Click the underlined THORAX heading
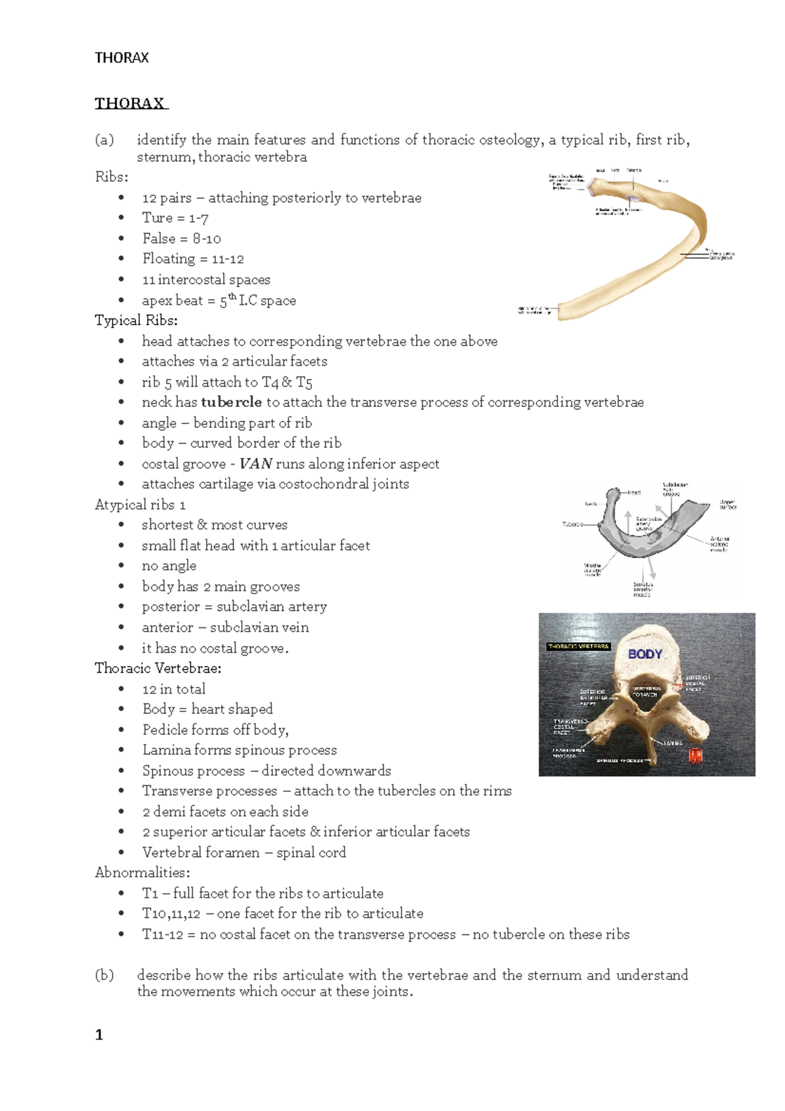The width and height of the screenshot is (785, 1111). [131, 103]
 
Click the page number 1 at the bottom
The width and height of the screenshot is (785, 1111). [99, 1034]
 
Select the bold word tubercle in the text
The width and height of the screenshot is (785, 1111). [231, 402]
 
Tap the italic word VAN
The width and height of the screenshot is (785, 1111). [255, 464]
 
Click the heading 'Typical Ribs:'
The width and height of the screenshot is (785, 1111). [136, 320]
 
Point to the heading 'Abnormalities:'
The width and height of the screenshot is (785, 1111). [142, 872]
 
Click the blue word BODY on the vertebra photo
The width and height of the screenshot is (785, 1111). [645, 654]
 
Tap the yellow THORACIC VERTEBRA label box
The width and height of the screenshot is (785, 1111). [578, 646]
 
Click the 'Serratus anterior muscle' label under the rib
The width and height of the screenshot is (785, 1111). [642, 590]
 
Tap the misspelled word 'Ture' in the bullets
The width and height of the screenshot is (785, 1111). [157, 218]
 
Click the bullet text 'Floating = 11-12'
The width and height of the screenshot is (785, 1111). [193, 258]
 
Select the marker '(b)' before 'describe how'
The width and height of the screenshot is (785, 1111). [104, 975]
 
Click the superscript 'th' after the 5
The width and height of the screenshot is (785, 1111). [232, 296]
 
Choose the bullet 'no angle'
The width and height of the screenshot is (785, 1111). [169, 565]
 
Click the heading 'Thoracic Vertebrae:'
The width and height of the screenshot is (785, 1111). [158, 668]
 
